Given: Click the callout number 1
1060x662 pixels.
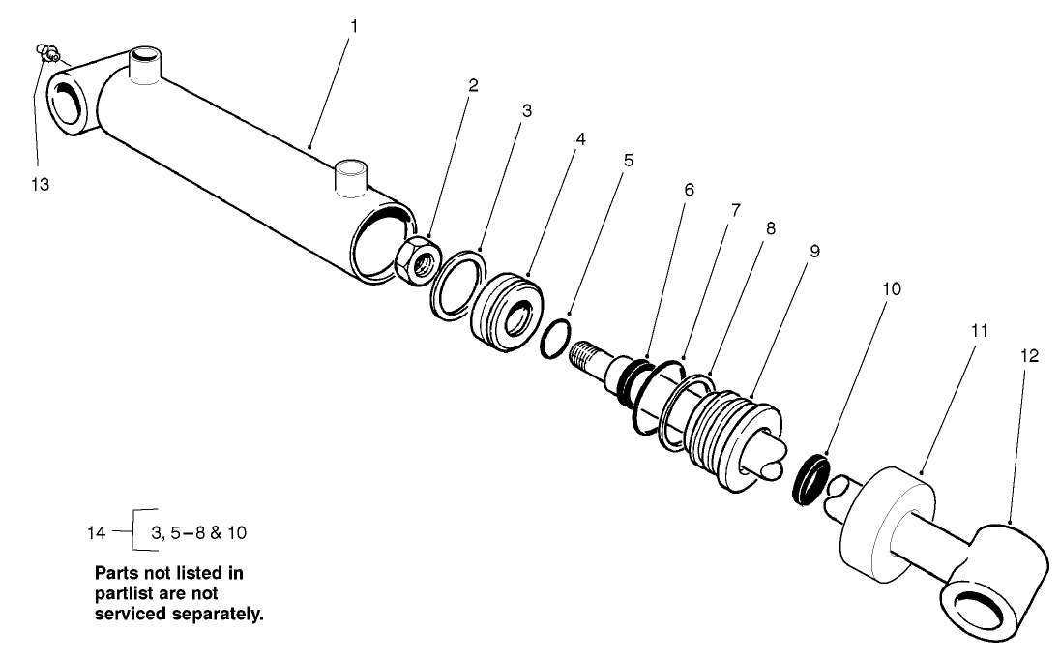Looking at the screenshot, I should (x=354, y=26).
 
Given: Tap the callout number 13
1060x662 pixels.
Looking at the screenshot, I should (x=40, y=183).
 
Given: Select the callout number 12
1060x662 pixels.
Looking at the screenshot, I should (x=1028, y=356).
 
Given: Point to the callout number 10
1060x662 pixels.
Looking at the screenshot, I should (x=891, y=289).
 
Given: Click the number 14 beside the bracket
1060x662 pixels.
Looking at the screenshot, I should (x=97, y=532).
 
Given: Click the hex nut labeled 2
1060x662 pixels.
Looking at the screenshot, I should (x=421, y=256).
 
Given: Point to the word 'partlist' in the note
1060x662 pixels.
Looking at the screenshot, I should (x=123, y=594).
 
